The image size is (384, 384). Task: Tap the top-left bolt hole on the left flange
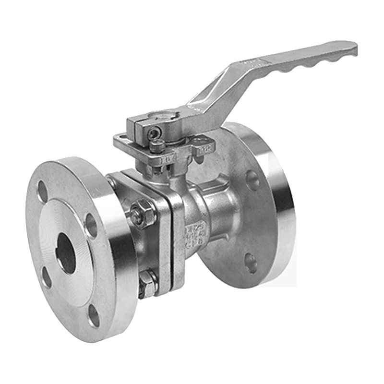click(x=43, y=191)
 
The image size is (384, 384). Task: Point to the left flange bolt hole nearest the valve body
click(x=91, y=224)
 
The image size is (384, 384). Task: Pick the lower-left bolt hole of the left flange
click(x=47, y=277)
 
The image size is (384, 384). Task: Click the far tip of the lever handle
click(x=353, y=48)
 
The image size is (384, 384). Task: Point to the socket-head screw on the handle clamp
click(x=154, y=133)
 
